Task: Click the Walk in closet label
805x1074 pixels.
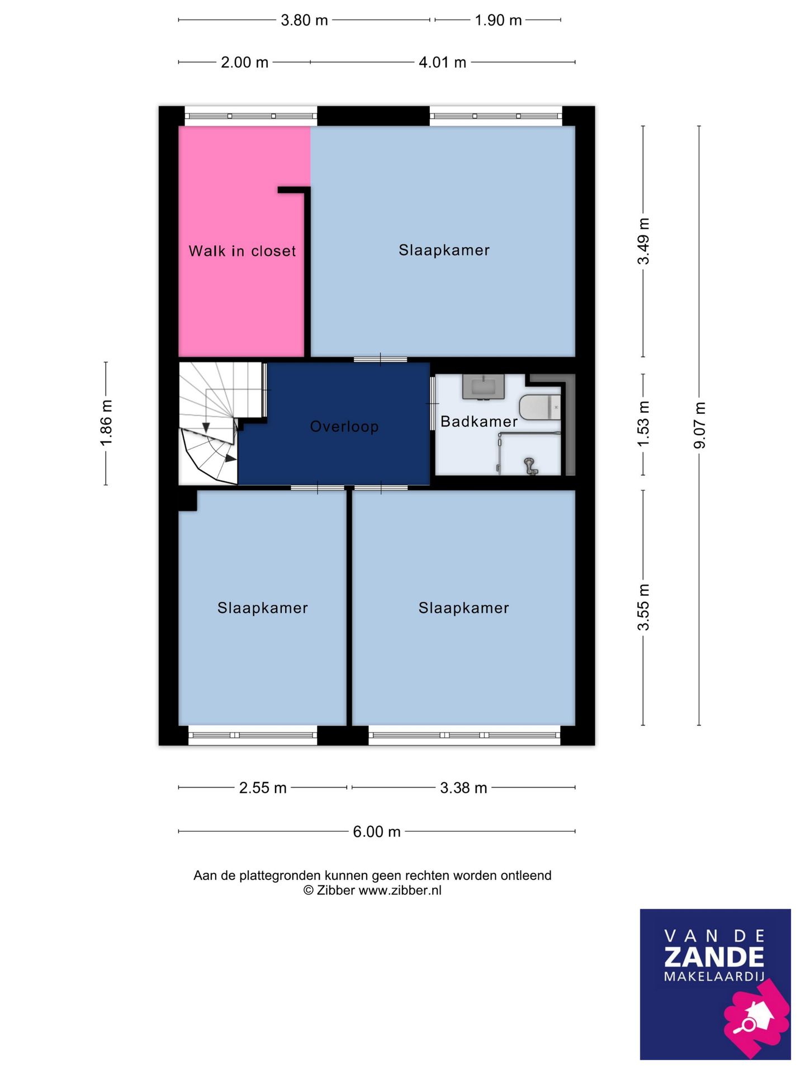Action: point(242,251)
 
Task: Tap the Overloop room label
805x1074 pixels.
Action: point(344,427)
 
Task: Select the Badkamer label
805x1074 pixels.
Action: point(479,422)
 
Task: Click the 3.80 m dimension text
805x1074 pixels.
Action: point(304,21)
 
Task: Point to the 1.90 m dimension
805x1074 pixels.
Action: point(498,21)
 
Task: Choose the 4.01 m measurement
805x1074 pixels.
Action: point(442,63)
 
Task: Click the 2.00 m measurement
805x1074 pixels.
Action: point(244,63)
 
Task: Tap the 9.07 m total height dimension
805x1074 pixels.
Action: point(699,425)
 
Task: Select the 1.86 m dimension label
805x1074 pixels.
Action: point(106,423)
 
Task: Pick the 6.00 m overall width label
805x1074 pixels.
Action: point(377,832)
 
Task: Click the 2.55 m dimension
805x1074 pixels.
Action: point(263,788)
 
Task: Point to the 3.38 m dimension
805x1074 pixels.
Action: point(463,788)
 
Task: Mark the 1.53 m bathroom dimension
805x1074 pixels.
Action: point(643,423)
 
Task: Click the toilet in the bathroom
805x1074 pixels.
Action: point(540,407)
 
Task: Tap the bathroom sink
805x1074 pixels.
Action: point(484,387)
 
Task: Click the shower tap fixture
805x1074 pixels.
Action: point(530,465)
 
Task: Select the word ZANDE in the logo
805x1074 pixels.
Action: point(714,957)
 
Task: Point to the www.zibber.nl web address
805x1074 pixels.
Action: point(400,891)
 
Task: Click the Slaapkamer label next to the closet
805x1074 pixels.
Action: point(444,250)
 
